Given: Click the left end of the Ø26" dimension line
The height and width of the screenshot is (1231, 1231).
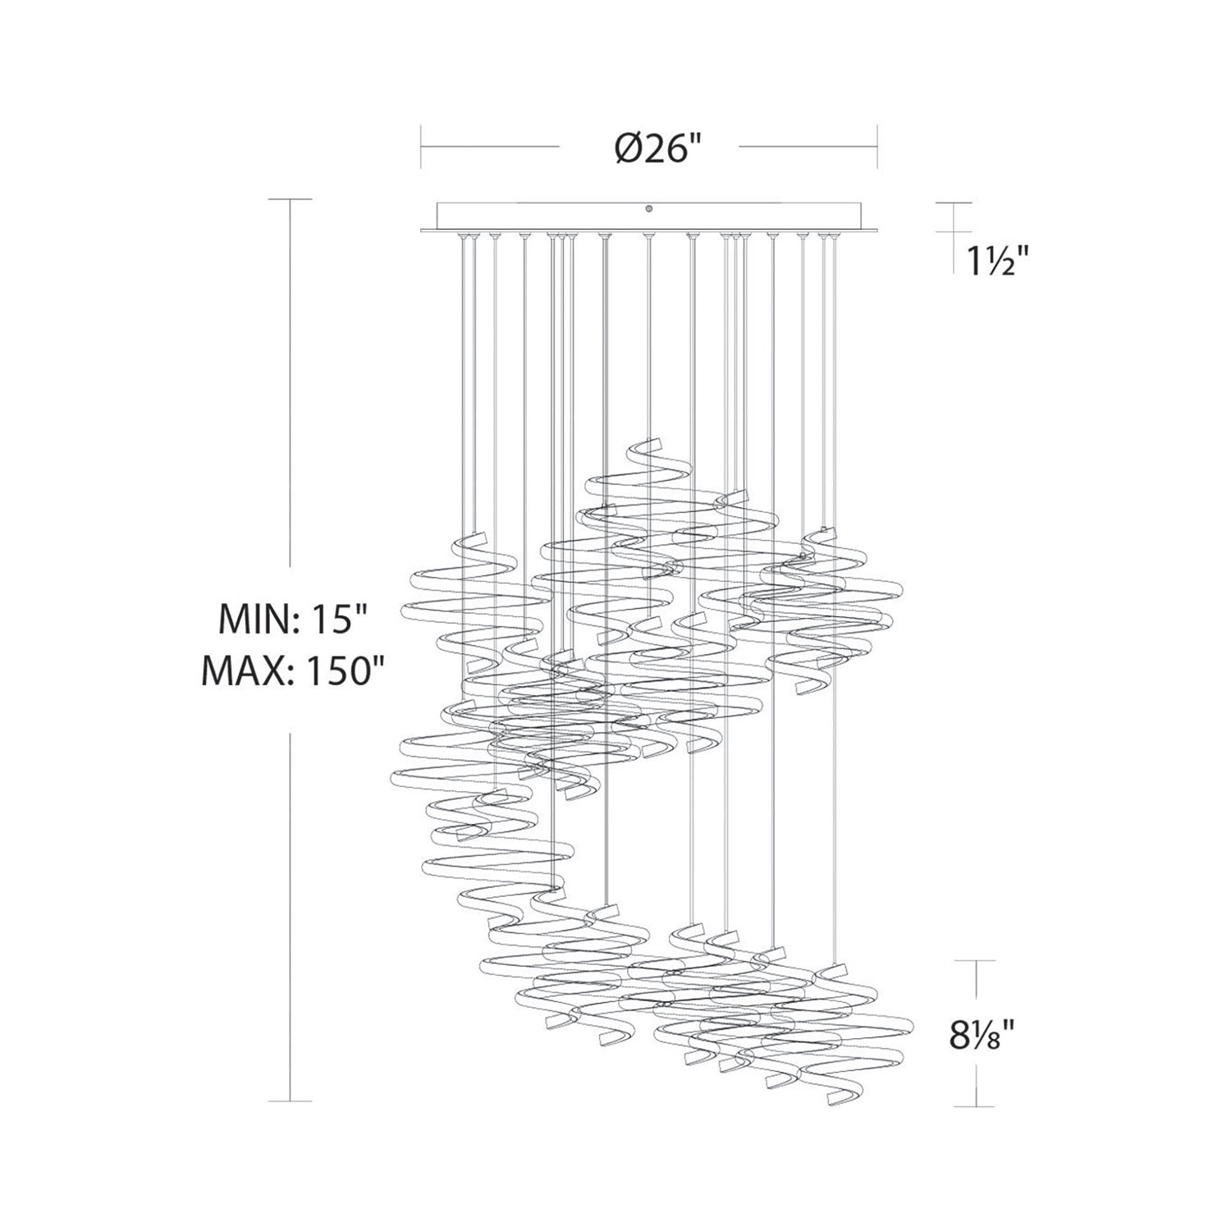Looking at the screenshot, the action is click(x=422, y=147).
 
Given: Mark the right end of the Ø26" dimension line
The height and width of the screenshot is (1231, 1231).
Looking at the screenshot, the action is click(x=878, y=147).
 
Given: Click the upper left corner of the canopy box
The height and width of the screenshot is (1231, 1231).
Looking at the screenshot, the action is click(x=437, y=203).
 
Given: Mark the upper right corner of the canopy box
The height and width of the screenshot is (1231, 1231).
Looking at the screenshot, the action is click(x=862, y=203).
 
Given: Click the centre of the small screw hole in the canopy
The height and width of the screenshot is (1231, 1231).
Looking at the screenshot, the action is click(x=649, y=210).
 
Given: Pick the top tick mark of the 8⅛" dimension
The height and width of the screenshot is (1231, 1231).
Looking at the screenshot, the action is click(x=976, y=960).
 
